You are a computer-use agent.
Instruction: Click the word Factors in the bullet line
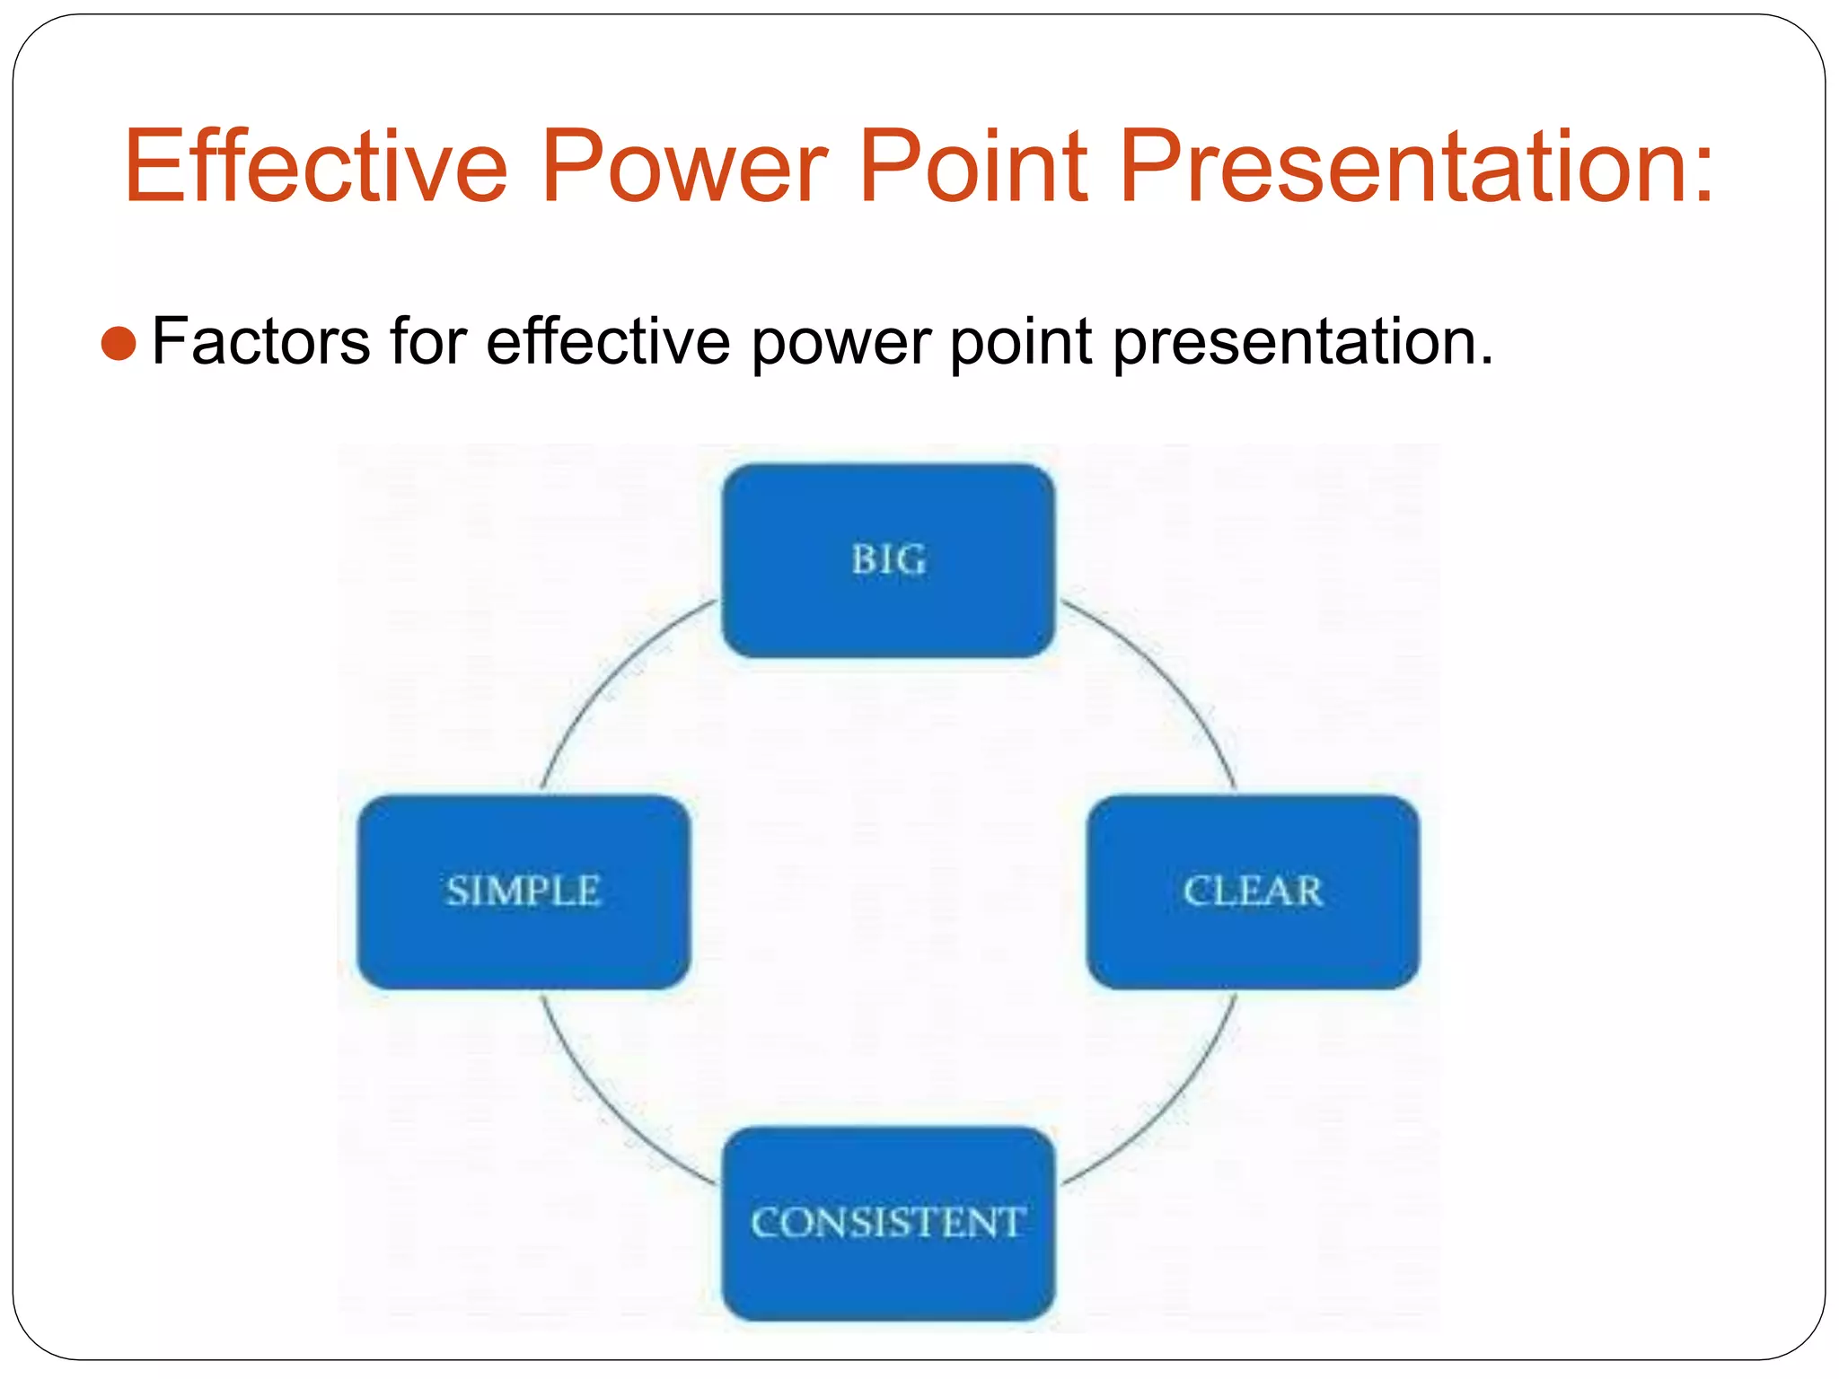pos(260,342)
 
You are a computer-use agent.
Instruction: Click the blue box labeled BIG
pos(888,561)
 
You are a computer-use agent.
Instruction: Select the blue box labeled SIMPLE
pos(524,892)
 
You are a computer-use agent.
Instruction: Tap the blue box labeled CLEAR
pos(1253,892)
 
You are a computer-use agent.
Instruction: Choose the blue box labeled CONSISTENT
pos(888,1224)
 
